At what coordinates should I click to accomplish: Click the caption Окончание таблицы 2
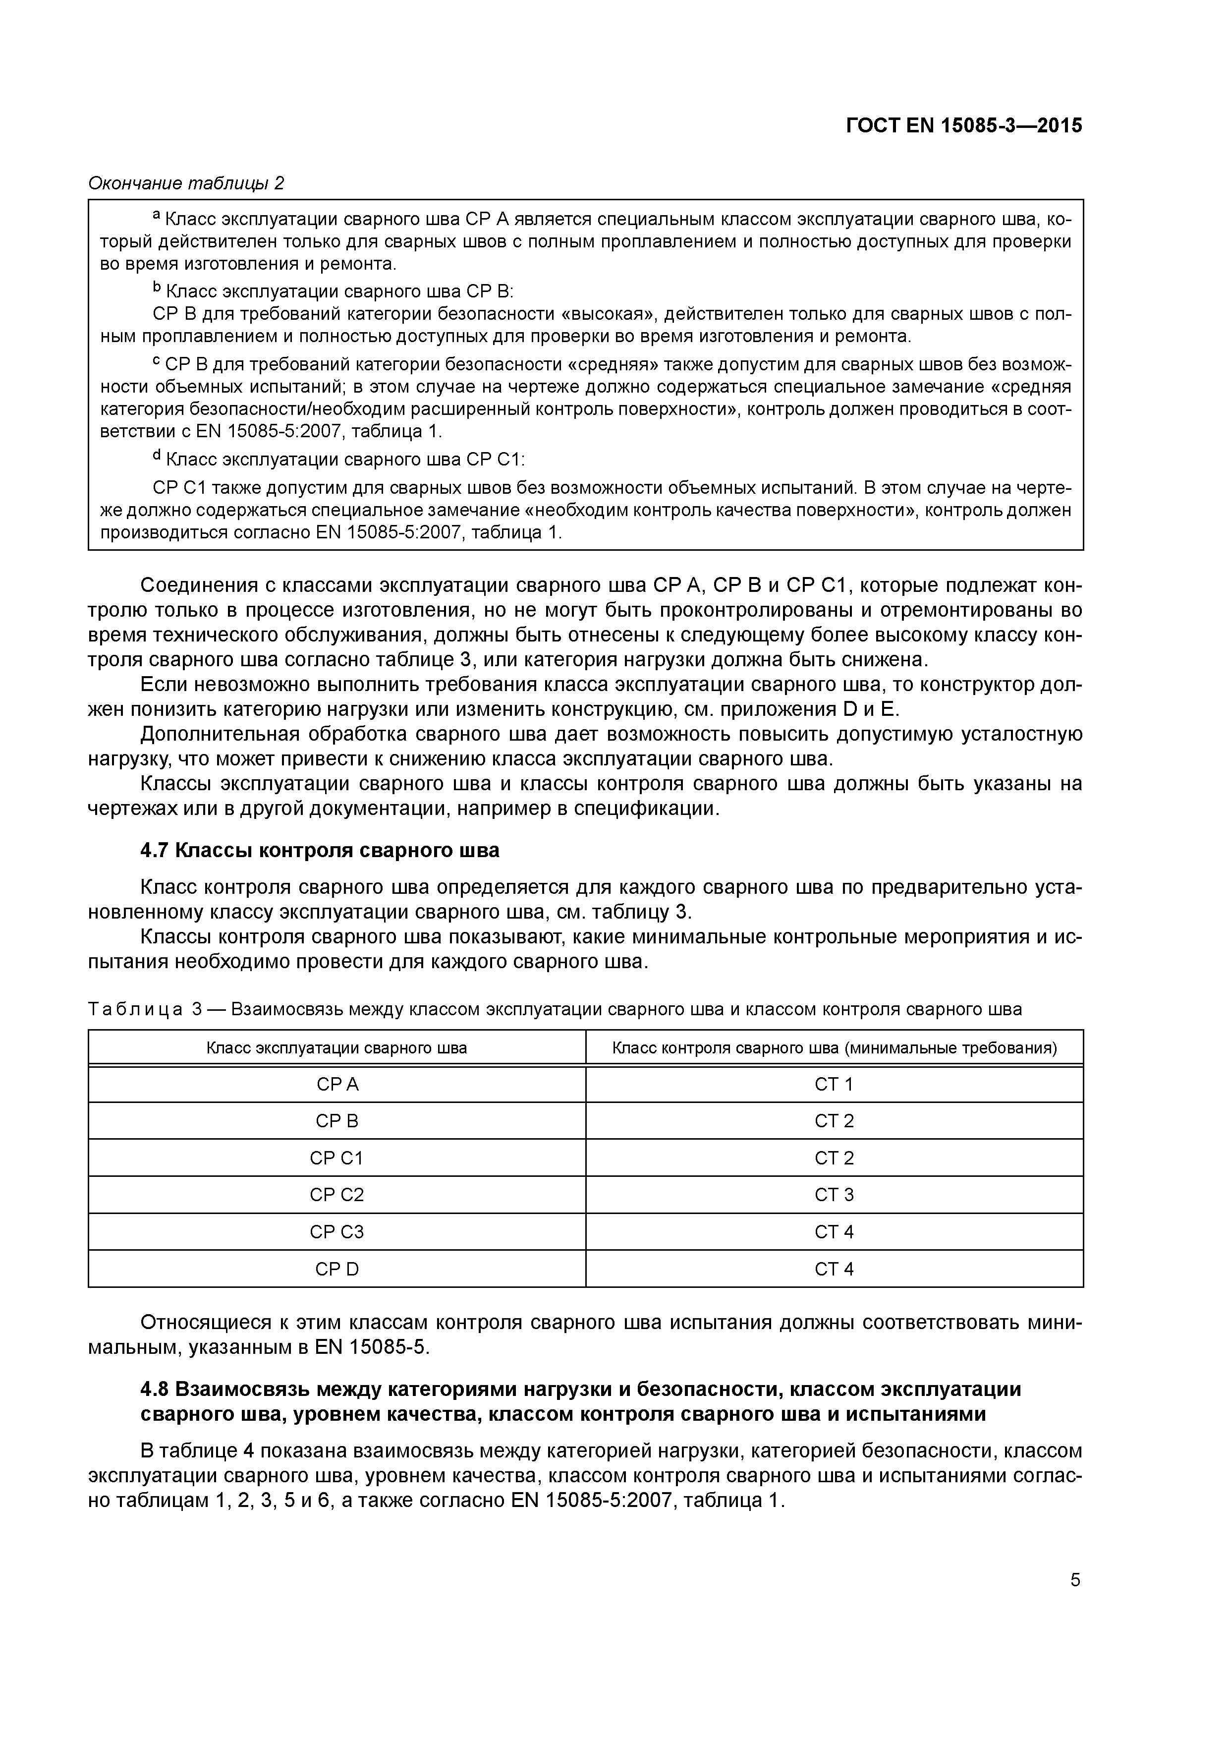(x=186, y=183)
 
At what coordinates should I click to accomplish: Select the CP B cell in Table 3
(x=337, y=1121)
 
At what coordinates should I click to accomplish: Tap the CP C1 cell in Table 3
(x=337, y=1158)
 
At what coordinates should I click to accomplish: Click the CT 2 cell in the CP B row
(x=834, y=1121)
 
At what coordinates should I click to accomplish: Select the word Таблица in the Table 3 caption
(x=136, y=1010)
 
